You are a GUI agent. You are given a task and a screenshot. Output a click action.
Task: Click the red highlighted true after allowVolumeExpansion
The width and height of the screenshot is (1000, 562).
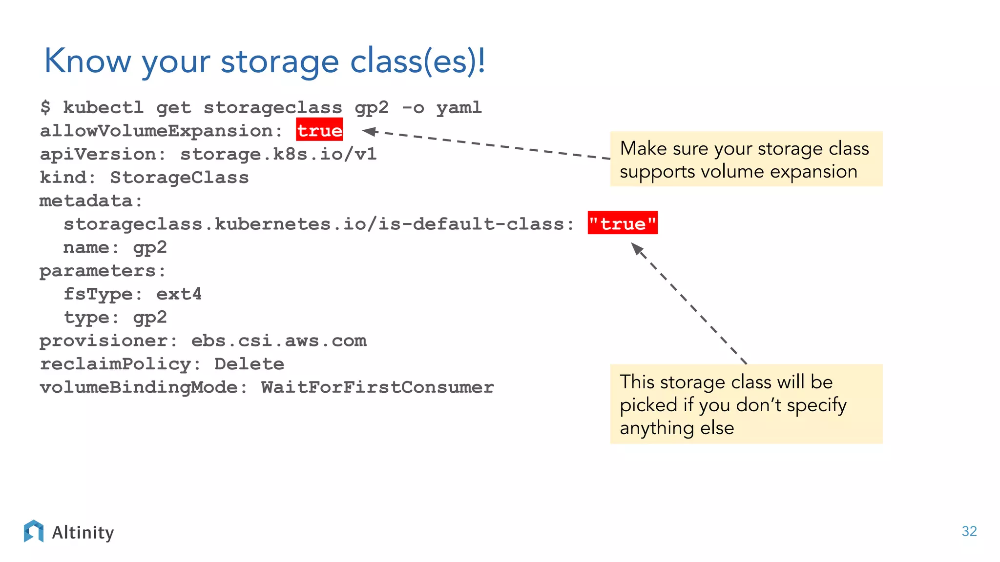coord(319,130)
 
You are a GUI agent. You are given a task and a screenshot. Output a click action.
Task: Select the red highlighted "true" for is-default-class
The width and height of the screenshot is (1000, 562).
coord(623,223)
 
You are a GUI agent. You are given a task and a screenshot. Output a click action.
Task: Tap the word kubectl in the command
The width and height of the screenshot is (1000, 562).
coord(103,107)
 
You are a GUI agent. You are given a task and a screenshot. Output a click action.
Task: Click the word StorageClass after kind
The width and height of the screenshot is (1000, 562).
coord(179,177)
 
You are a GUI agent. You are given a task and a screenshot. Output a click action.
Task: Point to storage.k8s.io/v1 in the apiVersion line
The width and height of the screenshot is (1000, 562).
coord(278,154)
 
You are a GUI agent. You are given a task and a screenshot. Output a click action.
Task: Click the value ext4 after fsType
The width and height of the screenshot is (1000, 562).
coord(179,294)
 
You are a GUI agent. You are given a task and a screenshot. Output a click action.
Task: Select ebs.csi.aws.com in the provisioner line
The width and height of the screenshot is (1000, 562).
coord(278,341)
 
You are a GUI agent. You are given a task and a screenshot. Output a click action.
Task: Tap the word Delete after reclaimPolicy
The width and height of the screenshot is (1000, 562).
coord(249,364)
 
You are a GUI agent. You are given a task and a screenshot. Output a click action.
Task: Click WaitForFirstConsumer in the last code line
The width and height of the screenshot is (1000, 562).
coord(377,387)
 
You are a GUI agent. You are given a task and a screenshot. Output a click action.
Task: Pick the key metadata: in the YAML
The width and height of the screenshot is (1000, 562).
coord(91,201)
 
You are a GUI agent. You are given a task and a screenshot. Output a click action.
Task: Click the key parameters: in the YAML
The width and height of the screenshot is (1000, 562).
coord(103,271)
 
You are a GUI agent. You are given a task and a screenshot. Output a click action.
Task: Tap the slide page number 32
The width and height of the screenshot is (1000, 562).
coord(969,531)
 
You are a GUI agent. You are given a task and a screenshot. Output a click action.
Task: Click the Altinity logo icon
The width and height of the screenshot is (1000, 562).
coord(34,531)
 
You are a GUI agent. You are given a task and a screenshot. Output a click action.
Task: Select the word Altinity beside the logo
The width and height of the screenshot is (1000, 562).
coord(83,532)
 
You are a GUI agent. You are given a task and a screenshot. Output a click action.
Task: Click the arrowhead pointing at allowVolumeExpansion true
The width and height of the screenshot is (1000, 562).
coord(369,131)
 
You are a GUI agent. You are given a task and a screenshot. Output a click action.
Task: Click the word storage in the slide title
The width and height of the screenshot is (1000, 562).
coord(279,62)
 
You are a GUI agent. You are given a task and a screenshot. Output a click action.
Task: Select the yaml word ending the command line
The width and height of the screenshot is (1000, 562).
coord(458,107)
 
